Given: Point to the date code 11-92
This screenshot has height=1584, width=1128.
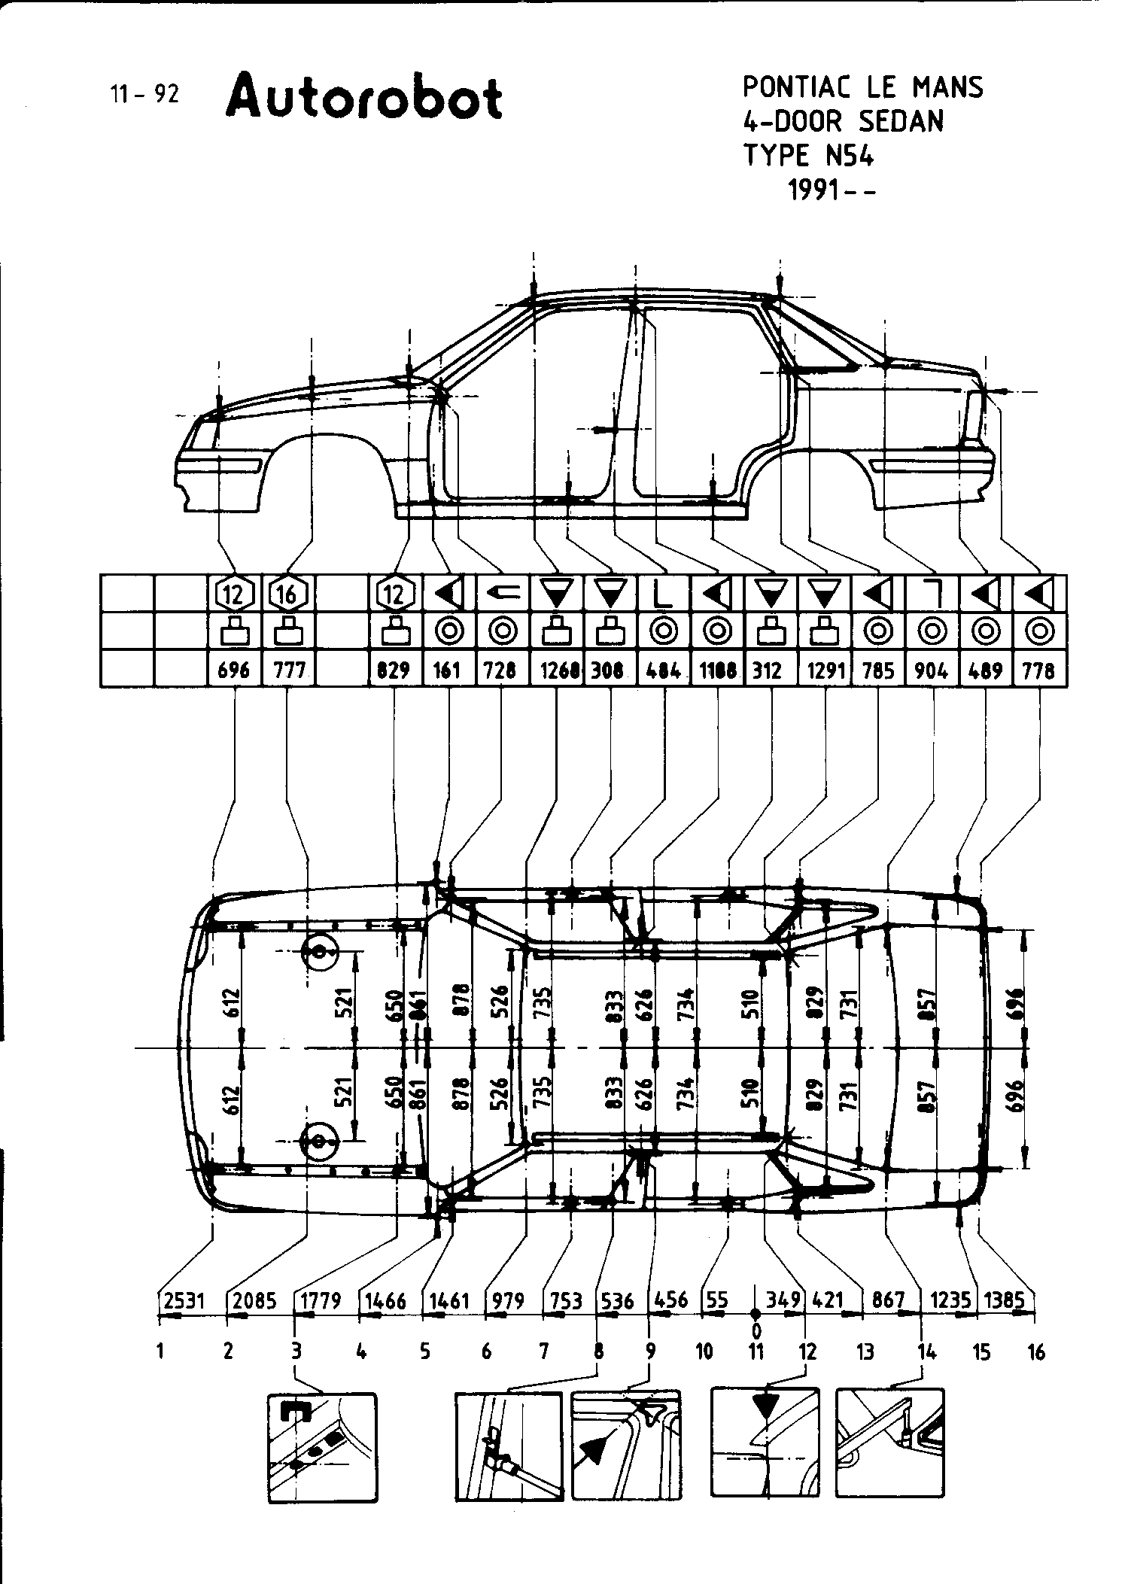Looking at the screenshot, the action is click(144, 94).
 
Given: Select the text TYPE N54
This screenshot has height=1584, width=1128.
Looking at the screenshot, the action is click(809, 156).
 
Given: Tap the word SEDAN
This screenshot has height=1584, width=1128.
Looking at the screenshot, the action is click(901, 121).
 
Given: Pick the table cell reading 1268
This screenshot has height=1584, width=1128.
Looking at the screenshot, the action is click(557, 670).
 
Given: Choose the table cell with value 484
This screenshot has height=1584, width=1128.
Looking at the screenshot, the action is click(664, 670).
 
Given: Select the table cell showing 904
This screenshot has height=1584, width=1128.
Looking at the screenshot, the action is click(932, 670).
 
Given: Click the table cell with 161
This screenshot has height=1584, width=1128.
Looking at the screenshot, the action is click(448, 670).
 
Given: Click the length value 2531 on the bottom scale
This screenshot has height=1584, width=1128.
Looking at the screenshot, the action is click(184, 1301).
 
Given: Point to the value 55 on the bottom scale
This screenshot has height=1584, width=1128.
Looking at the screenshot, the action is click(717, 1301).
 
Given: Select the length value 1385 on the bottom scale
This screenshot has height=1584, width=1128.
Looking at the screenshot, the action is click(1005, 1301).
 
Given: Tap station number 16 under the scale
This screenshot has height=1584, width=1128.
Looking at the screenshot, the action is click(1036, 1352).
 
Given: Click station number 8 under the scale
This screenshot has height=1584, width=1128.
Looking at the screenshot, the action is click(599, 1352).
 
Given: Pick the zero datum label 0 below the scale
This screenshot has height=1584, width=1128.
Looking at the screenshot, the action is click(756, 1332).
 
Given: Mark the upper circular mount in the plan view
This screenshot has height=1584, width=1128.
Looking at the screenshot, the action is click(320, 953).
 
